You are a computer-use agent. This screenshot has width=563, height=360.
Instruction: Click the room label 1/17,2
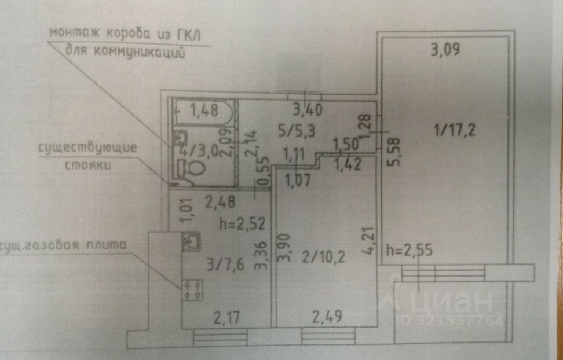pyautogui.click(x=455, y=130)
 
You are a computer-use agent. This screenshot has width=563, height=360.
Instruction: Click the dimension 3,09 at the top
pyautogui.click(x=445, y=50)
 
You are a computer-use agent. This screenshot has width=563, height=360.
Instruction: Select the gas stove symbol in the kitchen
pyautogui.click(x=192, y=289)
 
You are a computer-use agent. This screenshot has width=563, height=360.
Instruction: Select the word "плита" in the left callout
pyautogui.click(x=107, y=245)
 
